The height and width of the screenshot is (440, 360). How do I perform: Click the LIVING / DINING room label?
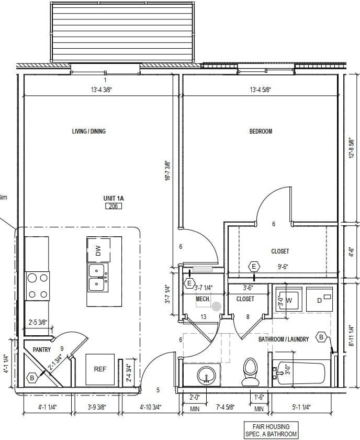tap(88, 131)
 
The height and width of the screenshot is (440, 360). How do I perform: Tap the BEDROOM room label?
tap(261, 131)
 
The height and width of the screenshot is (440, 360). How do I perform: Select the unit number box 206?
tap(113, 206)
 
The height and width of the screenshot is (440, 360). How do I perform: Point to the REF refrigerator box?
tap(100, 369)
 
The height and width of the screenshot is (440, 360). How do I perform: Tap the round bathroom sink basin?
tap(207, 376)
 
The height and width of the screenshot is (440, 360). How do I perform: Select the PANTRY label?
tap(41, 349)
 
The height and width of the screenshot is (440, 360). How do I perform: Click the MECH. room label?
tap(203, 299)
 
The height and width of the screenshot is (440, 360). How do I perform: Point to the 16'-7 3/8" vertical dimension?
tap(167, 171)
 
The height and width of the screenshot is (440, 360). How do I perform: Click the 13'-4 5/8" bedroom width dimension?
tap(260, 90)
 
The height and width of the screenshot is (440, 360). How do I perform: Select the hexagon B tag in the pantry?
tap(31, 377)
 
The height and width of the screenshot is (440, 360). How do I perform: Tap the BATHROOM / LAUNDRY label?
tap(284, 339)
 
